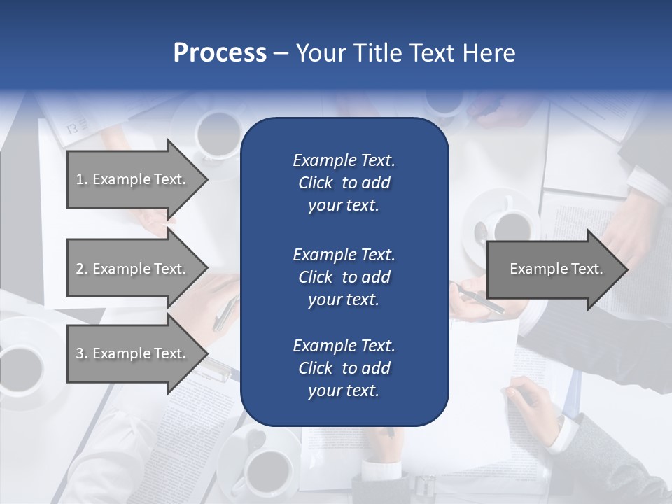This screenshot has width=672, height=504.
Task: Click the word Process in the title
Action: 220,53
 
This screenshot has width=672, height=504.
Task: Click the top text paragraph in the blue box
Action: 344,183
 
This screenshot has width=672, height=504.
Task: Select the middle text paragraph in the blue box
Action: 344,276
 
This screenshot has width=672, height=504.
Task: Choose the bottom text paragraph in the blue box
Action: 344,368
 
